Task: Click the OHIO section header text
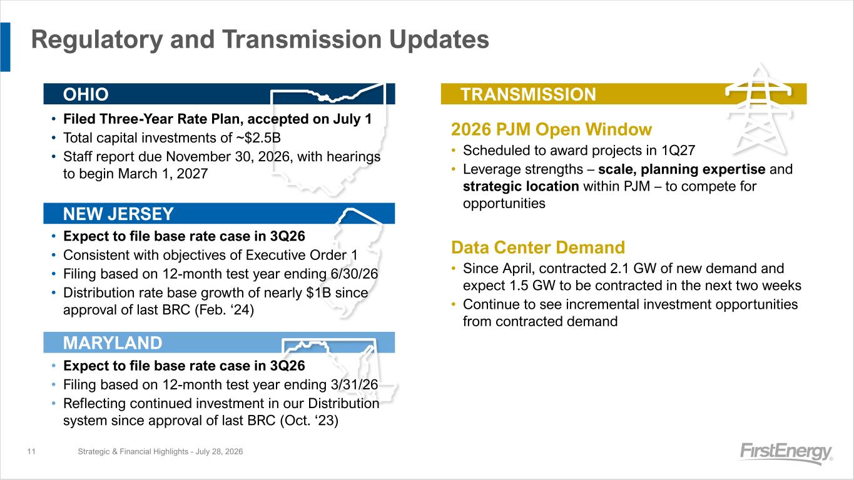click(x=86, y=94)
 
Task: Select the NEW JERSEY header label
click(x=118, y=214)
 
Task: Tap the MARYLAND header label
click(x=113, y=343)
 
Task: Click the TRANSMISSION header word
click(x=528, y=94)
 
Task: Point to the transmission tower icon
click(x=759, y=111)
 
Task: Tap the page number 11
click(x=31, y=451)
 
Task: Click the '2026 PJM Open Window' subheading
click(x=551, y=129)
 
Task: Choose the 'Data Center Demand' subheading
click(x=538, y=247)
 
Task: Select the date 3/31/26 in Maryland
click(x=354, y=385)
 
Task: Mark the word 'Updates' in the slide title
click(x=439, y=39)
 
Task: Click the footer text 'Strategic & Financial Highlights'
click(x=133, y=451)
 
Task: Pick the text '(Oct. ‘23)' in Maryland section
click(x=309, y=421)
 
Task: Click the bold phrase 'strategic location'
click(x=521, y=186)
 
